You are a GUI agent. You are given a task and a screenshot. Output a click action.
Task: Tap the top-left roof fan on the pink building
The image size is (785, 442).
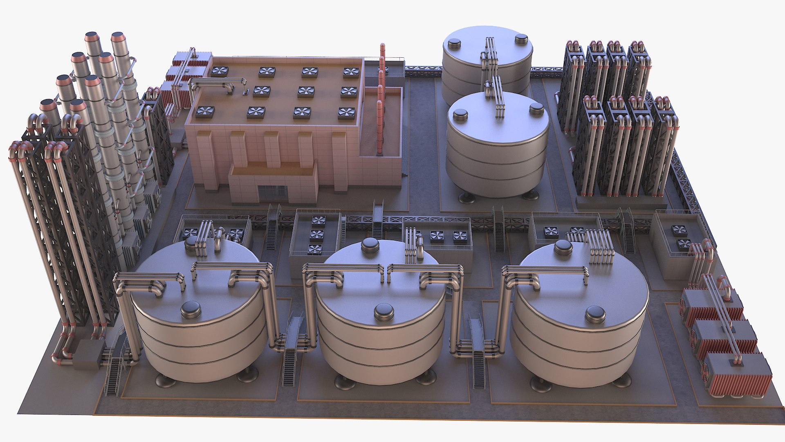pyautogui.click(x=220, y=72)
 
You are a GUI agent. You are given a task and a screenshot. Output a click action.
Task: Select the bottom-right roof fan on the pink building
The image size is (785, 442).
pyautogui.click(x=346, y=113)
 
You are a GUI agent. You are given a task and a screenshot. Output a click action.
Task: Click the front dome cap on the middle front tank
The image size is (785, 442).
pyautogui.click(x=384, y=312)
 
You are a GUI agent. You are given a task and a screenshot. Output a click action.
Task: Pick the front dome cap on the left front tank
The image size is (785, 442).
pyautogui.click(x=191, y=310)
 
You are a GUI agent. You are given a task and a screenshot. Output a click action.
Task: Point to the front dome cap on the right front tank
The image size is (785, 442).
pyautogui.click(x=595, y=314)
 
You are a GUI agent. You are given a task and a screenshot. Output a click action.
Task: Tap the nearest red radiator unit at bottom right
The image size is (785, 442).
pyautogui.click(x=737, y=374)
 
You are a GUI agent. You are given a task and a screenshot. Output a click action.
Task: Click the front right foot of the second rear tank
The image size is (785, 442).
pyautogui.click(x=530, y=195)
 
